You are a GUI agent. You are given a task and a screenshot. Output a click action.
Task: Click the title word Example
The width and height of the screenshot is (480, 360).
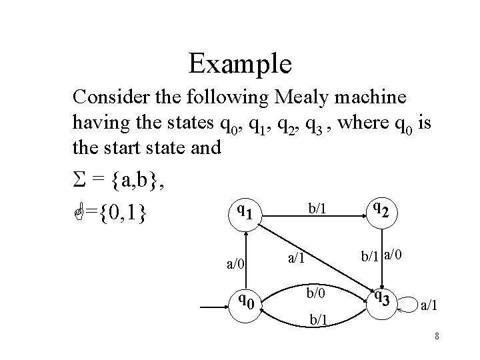(x=240, y=64)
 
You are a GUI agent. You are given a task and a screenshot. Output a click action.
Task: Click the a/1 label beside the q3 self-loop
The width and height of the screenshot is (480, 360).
(x=429, y=305)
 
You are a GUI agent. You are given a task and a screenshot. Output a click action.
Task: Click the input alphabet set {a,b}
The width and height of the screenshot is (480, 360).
(x=136, y=181)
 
